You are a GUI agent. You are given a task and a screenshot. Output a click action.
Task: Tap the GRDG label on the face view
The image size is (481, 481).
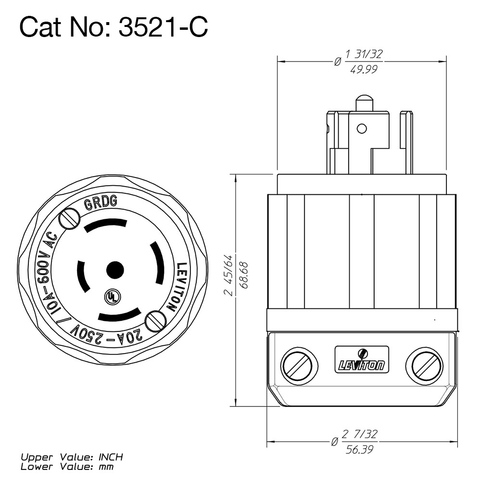coord(101,203)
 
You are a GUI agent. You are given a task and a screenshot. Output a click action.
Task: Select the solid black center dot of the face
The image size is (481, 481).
coord(114,270)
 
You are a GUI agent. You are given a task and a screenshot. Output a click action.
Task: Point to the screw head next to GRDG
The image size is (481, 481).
coord(69,219)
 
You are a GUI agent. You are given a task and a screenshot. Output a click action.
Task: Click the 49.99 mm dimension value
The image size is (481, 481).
coord(364,69)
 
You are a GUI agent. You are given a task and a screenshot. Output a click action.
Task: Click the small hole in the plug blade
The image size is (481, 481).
coord(362,128)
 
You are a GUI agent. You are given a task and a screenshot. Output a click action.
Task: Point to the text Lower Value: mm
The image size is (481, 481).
coord(67,466)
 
